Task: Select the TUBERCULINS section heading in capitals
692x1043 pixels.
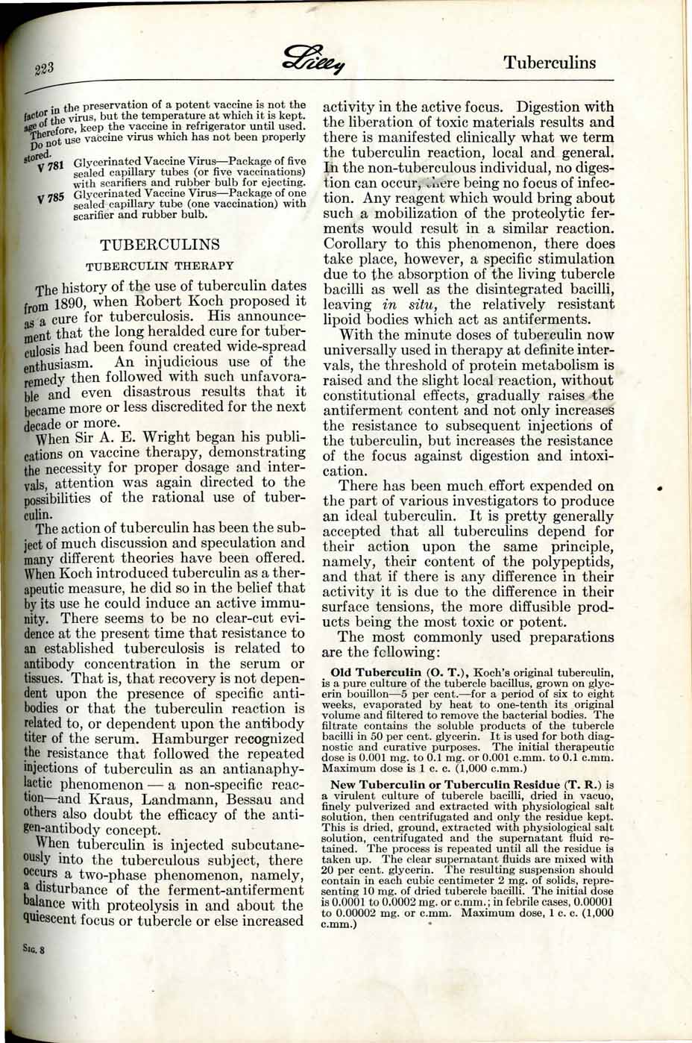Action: click(160, 245)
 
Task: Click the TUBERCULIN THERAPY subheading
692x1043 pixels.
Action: click(160, 266)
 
